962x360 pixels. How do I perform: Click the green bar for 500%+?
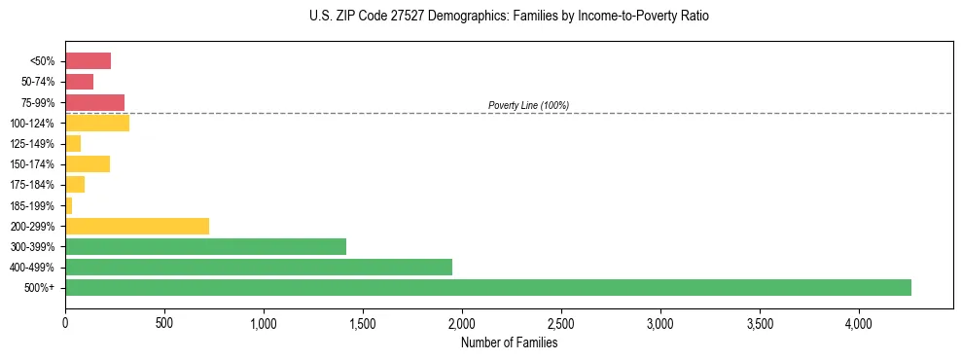point(487,287)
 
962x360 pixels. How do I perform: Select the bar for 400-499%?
point(259,267)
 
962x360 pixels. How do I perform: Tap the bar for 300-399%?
point(205,246)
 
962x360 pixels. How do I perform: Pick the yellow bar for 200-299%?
point(137,226)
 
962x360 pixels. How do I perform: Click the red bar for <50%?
point(88,61)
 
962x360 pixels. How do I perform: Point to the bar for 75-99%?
point(94,102)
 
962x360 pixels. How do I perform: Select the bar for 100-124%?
point(97,123)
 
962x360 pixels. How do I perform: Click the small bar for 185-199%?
point(69,205)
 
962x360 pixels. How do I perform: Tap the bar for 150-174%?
point(88,163)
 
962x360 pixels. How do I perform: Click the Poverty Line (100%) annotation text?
point(528,105)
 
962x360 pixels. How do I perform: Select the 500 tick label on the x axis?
point(164,322)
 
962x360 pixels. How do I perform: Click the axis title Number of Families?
point(509,342)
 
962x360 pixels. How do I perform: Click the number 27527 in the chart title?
point(376,17)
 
